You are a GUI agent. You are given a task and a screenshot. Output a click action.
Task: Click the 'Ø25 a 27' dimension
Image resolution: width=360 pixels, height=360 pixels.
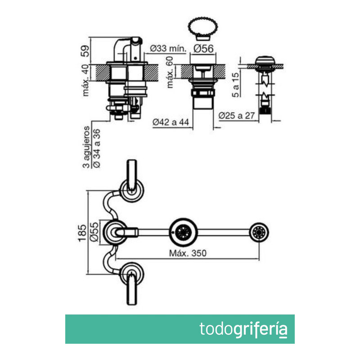pos(237,116)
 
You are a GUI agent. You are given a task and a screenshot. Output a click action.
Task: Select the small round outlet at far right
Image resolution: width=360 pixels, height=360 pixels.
pos(260,232)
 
